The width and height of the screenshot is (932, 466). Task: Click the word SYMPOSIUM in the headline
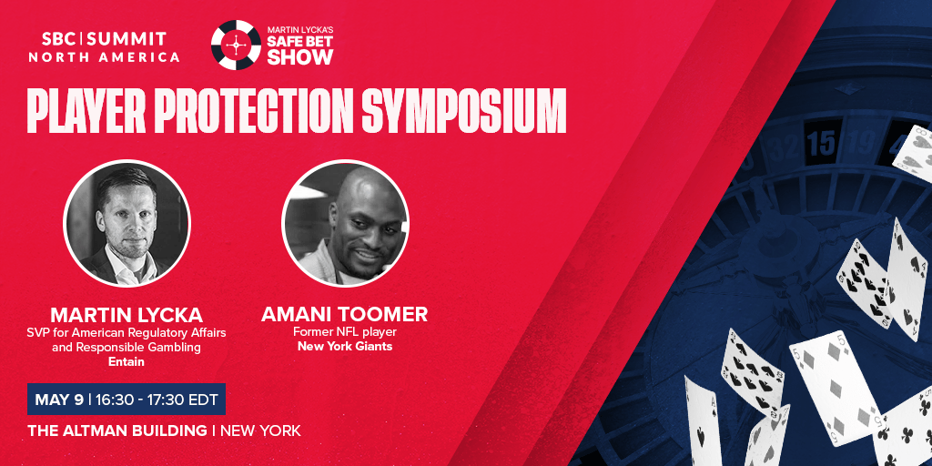[463, 112]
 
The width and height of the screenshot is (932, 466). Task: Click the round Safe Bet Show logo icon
[236, 45]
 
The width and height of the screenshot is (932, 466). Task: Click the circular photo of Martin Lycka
[127, 224]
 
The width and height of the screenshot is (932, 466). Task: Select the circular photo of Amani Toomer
[345, 224]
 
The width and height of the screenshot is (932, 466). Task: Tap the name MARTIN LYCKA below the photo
[127, 314]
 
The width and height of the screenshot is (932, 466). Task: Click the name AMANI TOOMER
[345, 314]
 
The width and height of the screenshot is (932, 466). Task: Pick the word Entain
[127, 361]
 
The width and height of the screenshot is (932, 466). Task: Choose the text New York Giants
[345, 346]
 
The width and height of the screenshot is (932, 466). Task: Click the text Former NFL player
[345, 331]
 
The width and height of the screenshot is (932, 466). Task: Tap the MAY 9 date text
[59, 400]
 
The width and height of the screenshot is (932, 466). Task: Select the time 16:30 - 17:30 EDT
[156, 400]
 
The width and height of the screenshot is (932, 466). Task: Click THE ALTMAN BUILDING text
[117, 431]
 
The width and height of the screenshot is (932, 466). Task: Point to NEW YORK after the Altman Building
[260, 431]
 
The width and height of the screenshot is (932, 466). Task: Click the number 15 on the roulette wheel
[822, 143]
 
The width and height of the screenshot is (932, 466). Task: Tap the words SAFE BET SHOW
[299, 51]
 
